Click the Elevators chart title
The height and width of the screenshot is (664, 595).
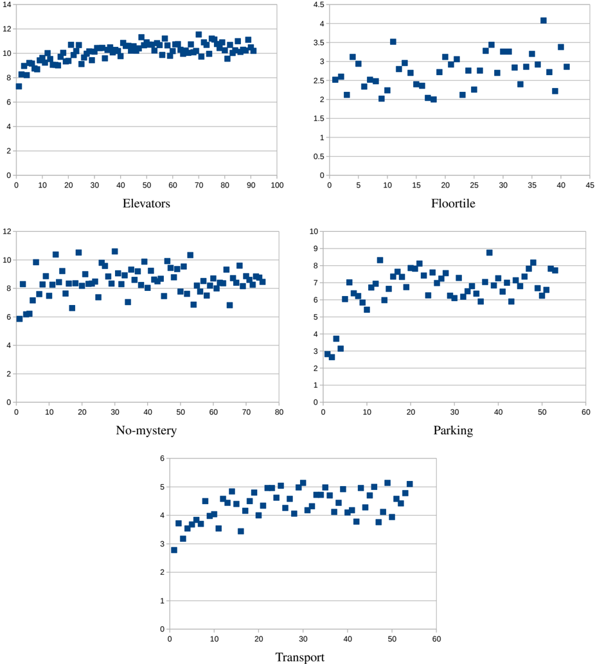click(146, 204)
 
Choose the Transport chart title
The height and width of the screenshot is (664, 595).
click(299, 657)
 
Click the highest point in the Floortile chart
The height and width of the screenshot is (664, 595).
click(544, 21)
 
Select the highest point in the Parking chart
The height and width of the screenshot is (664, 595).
click(490, 252)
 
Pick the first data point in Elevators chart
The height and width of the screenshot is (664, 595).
click(19, 86)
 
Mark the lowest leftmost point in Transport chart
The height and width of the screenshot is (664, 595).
click(174, 550)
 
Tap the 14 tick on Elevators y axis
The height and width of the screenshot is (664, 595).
click(7, 4)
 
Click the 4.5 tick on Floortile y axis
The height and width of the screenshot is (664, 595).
click(317, 4)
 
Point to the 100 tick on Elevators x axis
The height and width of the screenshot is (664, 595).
click(278, 186)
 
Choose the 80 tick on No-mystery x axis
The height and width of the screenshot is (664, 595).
click(278, 412)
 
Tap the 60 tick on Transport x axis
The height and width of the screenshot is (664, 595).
click(436, 639)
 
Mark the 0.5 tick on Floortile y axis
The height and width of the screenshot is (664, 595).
click(317, 156)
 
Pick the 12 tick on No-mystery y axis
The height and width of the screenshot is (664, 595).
click(7, 231)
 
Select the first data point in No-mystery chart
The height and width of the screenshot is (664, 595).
click(19, 319)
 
